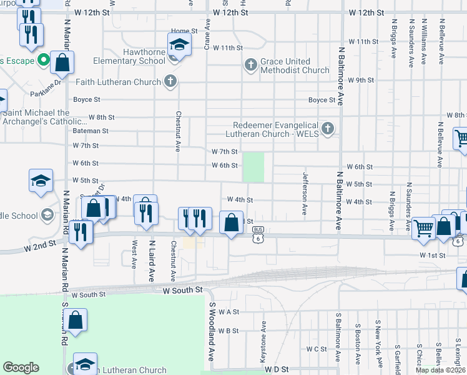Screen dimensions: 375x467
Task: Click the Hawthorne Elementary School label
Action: (129, 56)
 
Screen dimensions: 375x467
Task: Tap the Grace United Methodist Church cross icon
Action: (250, 64)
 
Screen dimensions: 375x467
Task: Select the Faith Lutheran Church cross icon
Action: (170, 81)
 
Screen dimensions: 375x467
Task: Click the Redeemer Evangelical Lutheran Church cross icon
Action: (328, 129)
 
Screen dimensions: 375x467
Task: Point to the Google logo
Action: (21, 367)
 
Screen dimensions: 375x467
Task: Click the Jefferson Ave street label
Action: (305, 194)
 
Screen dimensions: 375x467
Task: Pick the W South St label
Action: (183, 291)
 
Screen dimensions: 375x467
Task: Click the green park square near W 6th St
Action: (253, 167)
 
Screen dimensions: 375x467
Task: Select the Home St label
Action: (184, 31)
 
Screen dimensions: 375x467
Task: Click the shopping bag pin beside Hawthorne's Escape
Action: (62, 62)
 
